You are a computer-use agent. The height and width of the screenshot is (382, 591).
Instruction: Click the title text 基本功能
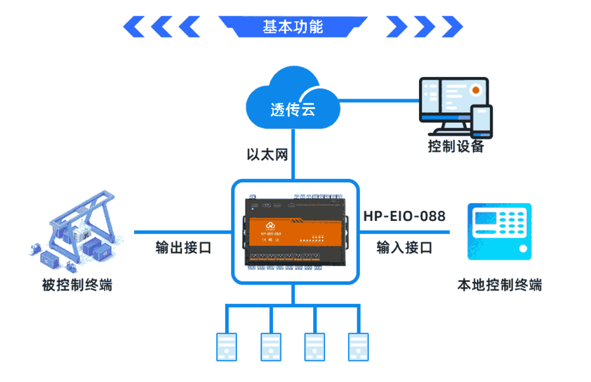[x=293, y=27]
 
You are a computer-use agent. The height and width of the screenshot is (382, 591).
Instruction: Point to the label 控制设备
[x=456, y=147]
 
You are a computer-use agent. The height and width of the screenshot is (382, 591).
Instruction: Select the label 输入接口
[x=405, y=248]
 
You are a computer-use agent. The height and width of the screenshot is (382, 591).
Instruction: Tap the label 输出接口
[x=183, y=248]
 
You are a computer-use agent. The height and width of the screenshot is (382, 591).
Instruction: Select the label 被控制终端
[x=77, y=285]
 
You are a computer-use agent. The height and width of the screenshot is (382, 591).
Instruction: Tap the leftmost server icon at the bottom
[x=227, y=346]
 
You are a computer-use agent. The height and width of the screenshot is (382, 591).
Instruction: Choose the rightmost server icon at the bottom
[x=359, y=346]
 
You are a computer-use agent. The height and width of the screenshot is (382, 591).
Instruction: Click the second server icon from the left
[x=271, y=346]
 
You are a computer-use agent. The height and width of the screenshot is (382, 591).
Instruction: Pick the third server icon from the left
[x=315, y=346]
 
